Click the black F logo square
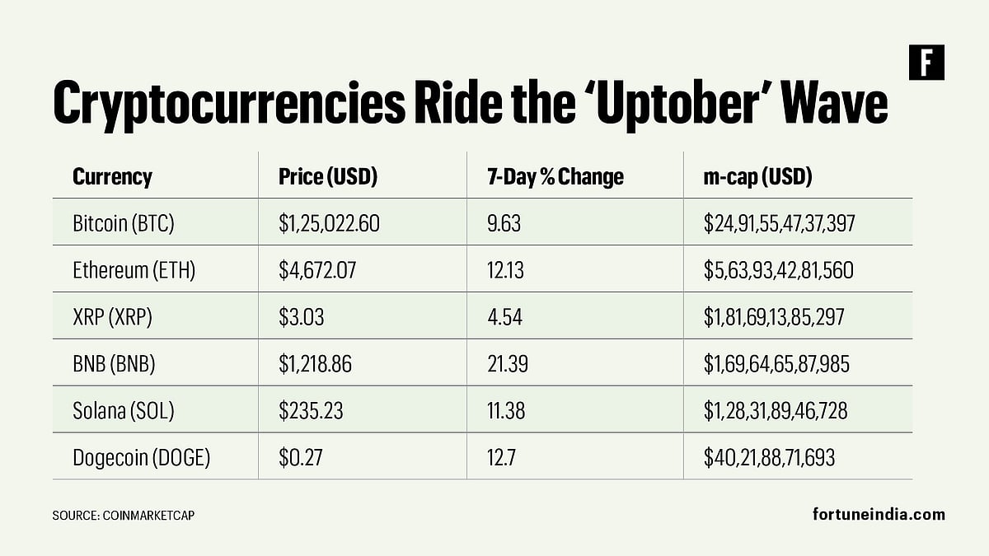point(926,63)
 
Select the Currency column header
point(112,176)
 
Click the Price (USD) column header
point(327,176)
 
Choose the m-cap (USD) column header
point(757,176)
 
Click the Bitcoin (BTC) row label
point(124,222)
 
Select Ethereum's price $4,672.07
point(317,269)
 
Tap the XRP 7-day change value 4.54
point(504,316)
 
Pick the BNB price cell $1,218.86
point(315,363)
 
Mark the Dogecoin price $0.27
point(300,457)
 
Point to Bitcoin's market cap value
point(779,222)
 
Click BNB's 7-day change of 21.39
point(506,363)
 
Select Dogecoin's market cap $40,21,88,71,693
point(769,457)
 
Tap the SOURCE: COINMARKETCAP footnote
point(124,515)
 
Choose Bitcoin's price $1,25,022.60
point(329,222)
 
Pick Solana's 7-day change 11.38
point(506,410)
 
